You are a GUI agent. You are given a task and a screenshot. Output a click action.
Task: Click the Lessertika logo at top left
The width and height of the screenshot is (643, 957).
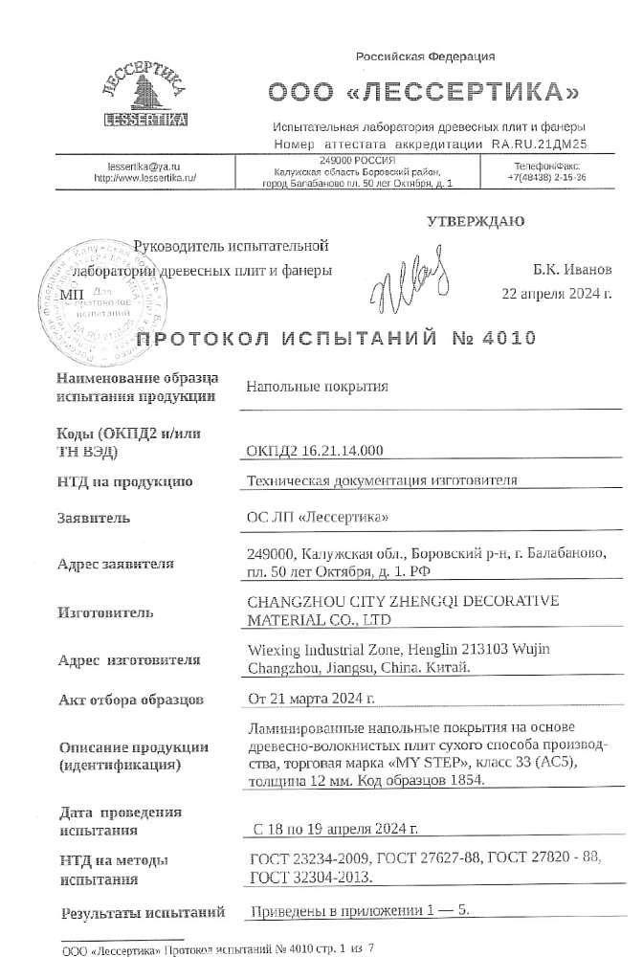144,95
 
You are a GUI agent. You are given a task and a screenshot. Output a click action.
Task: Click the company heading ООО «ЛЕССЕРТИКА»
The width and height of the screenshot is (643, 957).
424,93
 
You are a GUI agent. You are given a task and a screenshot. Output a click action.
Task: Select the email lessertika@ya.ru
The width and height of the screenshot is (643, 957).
144,166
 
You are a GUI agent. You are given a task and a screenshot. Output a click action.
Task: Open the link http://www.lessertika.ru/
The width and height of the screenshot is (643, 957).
144,178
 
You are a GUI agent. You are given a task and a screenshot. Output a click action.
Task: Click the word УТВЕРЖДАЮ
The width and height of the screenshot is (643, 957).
476,222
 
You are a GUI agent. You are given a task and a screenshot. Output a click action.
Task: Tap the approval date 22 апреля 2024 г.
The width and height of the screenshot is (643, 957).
556,293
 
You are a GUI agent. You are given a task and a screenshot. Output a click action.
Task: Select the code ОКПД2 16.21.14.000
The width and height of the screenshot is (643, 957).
315,450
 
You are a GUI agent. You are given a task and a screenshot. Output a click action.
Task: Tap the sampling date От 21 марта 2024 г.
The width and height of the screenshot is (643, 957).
311,700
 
